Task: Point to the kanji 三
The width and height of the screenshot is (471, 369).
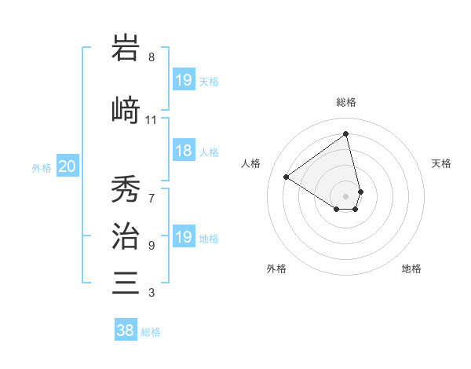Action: (126, 282)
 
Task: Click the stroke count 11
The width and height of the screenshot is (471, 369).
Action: (152, 120)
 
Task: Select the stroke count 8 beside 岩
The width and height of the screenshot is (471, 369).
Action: (152, 57)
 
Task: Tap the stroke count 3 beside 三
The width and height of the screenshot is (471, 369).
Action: (152, 294)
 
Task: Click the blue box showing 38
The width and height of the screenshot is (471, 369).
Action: (125, 331)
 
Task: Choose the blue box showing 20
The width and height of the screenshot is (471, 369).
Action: (68, 166)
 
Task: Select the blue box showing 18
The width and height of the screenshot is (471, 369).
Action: (183, 152)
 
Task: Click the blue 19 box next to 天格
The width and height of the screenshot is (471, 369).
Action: (183, 80)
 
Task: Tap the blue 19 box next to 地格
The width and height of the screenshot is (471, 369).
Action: (183, 237)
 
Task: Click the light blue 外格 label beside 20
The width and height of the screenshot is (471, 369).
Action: (42, 167)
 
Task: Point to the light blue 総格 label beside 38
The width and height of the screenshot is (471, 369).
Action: (151, 332)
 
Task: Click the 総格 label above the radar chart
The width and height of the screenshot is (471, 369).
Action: (346, 102)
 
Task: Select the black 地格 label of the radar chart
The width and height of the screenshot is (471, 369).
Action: (411, 269)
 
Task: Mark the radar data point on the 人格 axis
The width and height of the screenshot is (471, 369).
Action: (287, 177)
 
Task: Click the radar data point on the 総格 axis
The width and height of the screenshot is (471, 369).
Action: (346, 134)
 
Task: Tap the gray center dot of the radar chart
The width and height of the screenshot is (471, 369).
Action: (346, 195)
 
